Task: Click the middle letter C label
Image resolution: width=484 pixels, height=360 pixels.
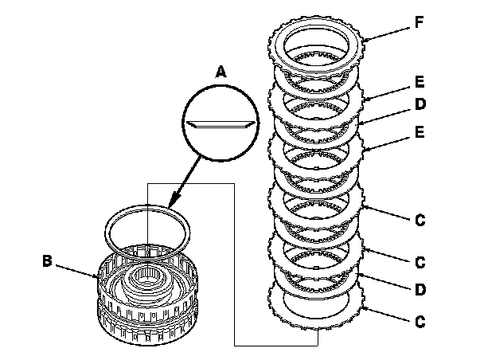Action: (x=422, y=260)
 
